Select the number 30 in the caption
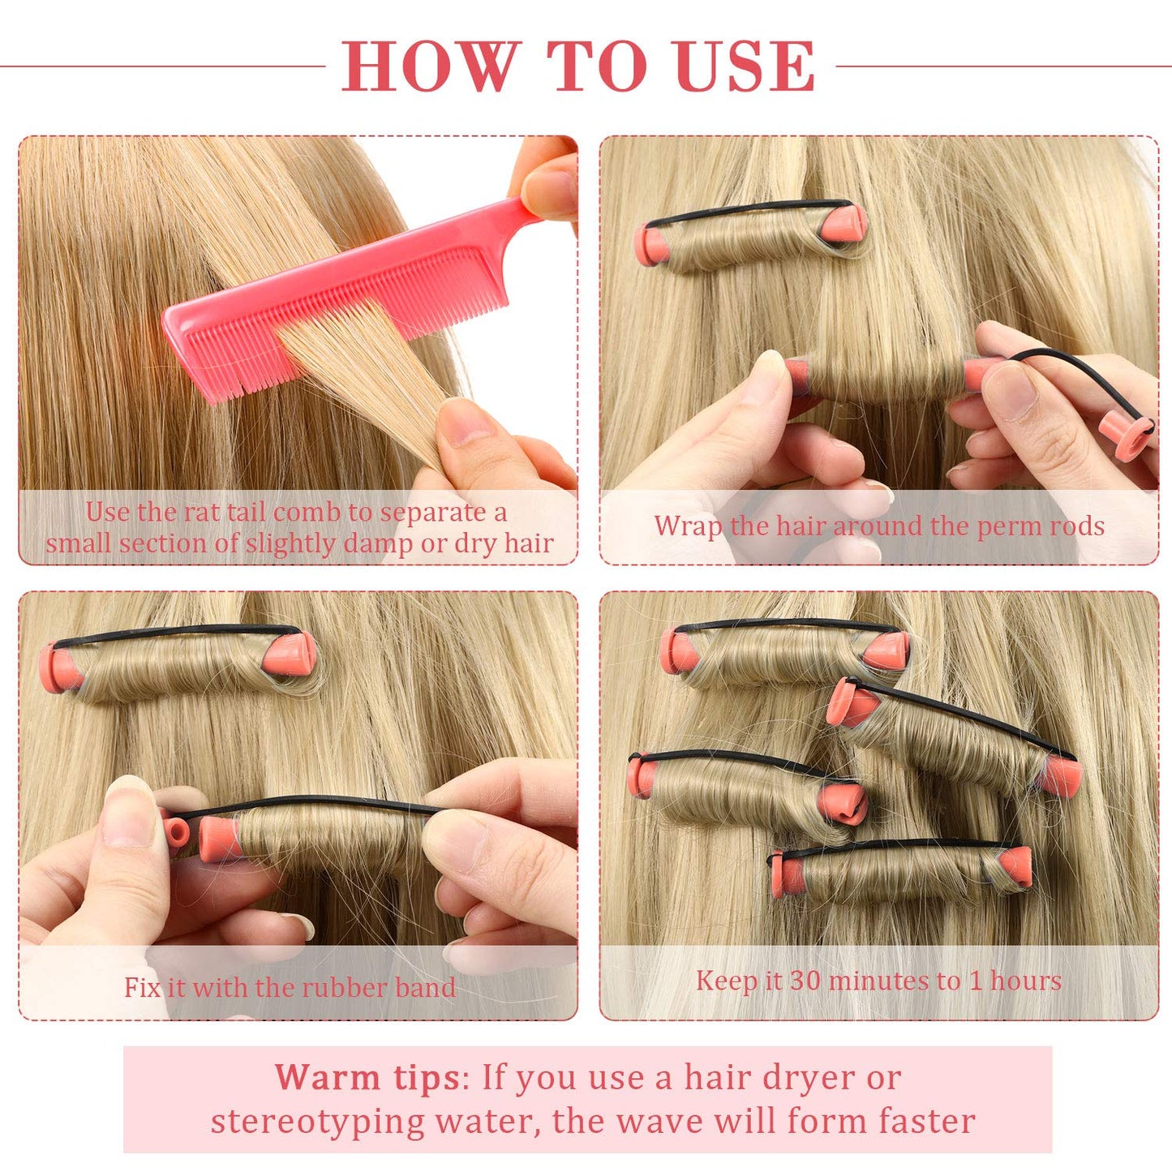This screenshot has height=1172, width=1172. (x=805, y=981)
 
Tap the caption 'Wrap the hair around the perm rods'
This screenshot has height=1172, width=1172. (x=879, y=526)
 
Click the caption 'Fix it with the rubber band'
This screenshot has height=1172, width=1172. (x=290, y=987)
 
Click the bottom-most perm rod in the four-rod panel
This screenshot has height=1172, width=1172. (x=900, y=872)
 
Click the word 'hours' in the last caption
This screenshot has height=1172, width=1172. (x=1025, y=981)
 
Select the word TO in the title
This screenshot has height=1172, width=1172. (x=599, y=67)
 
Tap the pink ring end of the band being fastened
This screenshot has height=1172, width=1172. (x=175, y=832)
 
